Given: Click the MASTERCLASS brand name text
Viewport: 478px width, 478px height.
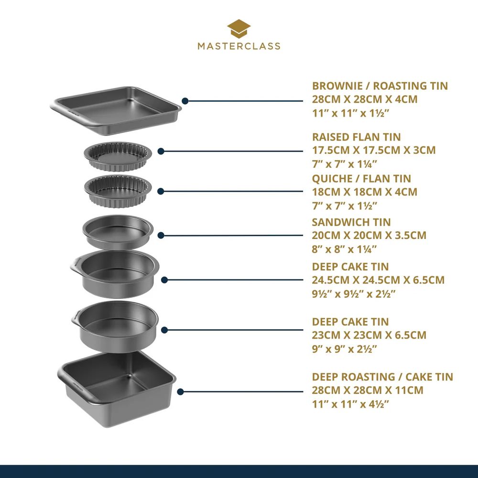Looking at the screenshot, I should (x=239, y=46).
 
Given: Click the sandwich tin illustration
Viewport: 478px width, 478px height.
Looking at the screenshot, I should (x=117, y=231).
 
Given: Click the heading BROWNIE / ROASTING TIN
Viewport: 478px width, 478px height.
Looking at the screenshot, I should (x=380, y=86).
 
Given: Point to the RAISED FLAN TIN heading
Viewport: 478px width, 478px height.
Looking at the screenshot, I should (x=357, y=137).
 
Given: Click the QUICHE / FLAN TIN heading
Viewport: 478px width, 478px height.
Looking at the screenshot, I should (x=361, y=178).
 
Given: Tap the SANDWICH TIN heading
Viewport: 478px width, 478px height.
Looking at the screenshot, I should (x=351, y=222).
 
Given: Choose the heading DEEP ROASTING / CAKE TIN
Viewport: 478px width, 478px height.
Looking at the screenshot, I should (x=382, y=377).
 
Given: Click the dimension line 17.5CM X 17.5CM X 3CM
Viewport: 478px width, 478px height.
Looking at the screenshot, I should (x=374, y=150).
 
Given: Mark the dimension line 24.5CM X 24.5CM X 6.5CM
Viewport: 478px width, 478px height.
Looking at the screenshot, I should (x=378, y=280).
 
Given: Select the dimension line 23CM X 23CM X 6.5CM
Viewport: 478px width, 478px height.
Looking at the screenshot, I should (x=369, y=335).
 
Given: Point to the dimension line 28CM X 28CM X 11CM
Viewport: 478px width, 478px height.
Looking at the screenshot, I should (x=368, y=390).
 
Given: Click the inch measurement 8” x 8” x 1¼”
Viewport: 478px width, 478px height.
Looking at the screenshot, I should (x=345, y=249).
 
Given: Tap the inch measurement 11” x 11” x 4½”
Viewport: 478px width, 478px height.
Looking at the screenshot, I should (x=349, y=404).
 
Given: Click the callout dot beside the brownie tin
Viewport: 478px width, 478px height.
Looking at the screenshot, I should (x=185, y=101).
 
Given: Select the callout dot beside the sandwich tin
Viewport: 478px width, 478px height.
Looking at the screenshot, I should (x=162, y=235).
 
